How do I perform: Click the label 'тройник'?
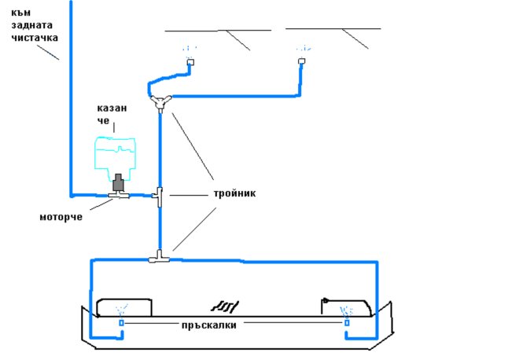pyautogui.click(x=234, y=193)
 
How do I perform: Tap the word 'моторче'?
pyautogui.click(x=61, y=216)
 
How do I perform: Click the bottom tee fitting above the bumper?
pyautogui.click(x=159, y=256)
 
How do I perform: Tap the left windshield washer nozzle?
pyautogui.click(x=190, y=61)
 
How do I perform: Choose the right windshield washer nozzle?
pyautogui.click(x=301, y=61)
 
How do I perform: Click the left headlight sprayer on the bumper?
pyautogui.click(x=120, y=322)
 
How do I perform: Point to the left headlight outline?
pyautogui.click(x=123, y=307)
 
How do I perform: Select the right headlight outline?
pyautogui.click(x=346, y=307)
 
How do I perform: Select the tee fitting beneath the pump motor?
pyautogui.click(x=120, y=196)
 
